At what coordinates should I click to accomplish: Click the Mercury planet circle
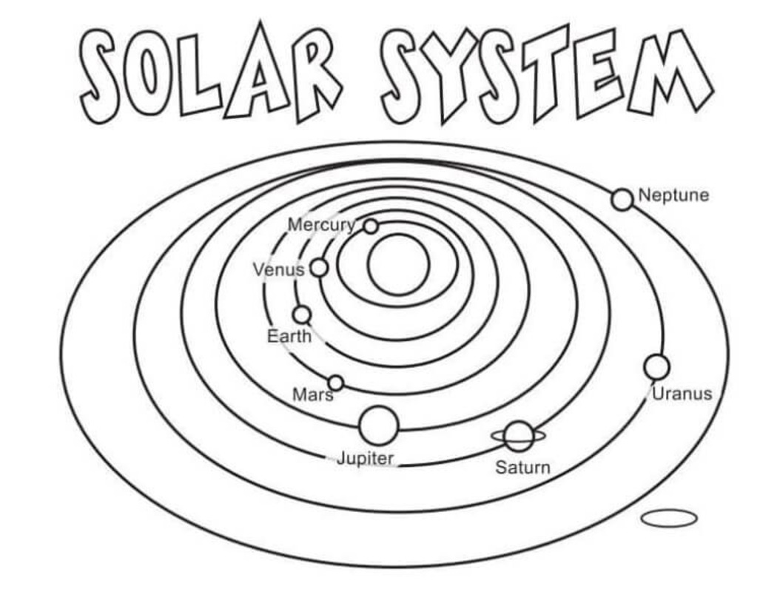point(371,226)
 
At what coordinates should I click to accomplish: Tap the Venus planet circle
point(319,267)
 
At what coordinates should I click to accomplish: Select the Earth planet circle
point(301,314)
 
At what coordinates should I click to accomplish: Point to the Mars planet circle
point(335,383)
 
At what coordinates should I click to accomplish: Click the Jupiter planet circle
point(378,425)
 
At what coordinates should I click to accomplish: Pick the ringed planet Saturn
point(520,437)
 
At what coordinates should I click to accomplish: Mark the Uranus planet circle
point(656,367)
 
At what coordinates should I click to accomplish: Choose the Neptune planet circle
point(622,199)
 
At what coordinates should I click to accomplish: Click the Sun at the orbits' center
point(399,264)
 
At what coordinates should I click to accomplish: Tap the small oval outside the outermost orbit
point(669,519)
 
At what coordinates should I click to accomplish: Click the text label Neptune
point(673,195)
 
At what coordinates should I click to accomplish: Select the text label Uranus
point(682,394)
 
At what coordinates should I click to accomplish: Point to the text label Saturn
point(522,468)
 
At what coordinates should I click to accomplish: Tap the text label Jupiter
point(366,458)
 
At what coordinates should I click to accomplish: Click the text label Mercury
point(321,224)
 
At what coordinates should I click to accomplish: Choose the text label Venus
point(279,270)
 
